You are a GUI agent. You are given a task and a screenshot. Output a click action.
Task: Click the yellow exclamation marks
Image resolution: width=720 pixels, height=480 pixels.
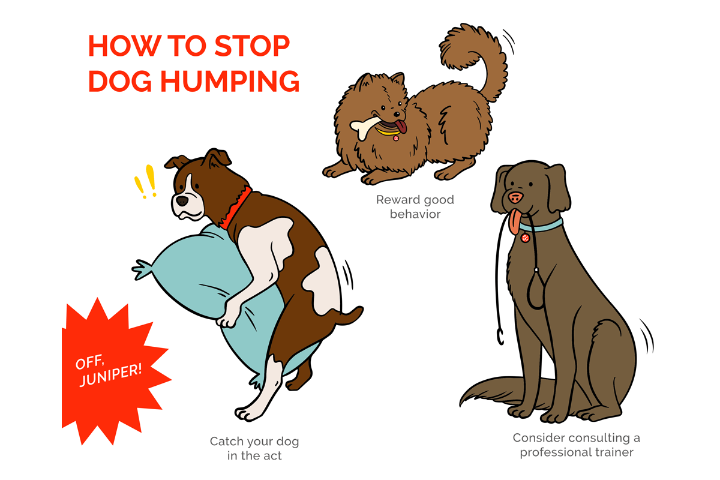[x=146, y=182]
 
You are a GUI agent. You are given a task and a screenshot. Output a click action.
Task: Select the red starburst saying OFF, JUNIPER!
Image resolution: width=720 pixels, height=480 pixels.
[x=108, y=368]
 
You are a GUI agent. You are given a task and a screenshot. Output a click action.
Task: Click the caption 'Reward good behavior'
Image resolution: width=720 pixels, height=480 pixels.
[x=415, y=206]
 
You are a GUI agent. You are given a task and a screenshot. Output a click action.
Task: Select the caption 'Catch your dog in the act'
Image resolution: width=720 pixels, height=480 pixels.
[x=254, y=448]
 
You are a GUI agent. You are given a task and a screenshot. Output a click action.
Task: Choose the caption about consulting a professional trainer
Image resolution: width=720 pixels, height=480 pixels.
[x=576, y=445]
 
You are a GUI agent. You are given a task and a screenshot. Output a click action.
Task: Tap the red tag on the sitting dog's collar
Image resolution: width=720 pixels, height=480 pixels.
[x=526, y=238]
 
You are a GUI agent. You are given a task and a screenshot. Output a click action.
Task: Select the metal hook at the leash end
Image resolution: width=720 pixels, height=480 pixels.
[x=498, y=336]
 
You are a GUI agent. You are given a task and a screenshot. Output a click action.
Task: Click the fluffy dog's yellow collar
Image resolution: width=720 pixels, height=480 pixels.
[x=387, y=132]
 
